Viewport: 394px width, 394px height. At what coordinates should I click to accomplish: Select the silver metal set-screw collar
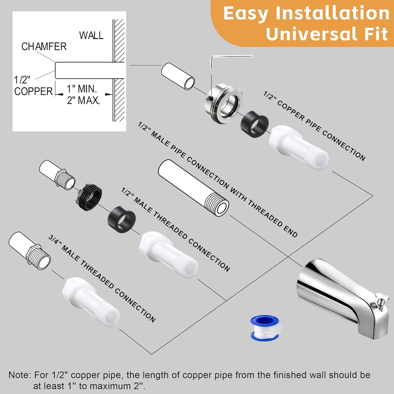[223, 103]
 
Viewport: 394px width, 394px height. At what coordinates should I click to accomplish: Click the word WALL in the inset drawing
[91, 35]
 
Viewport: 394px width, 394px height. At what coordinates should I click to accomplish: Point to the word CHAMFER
[44, 47]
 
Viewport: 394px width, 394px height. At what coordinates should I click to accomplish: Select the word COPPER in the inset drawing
[33, 92]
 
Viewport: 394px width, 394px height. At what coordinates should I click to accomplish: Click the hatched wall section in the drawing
[119, 69]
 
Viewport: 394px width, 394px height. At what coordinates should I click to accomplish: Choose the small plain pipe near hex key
[178, 77]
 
